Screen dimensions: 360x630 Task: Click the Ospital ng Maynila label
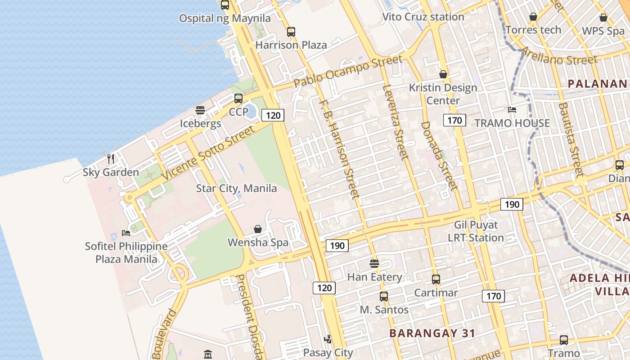225,18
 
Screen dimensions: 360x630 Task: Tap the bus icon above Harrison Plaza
291,32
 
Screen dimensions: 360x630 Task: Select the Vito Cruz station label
423,17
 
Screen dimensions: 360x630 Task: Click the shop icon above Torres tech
533,17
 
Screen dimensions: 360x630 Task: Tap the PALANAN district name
597,84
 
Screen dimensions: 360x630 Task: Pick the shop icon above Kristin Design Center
443,74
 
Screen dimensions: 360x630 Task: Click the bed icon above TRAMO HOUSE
512,109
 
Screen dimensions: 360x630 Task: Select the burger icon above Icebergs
200,110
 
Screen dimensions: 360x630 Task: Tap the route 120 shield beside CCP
273,115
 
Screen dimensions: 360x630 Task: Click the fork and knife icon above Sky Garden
111,158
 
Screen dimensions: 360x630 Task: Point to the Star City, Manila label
236,188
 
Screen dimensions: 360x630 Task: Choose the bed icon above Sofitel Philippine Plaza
126,233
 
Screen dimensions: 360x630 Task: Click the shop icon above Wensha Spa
258,229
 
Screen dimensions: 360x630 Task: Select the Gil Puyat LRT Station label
476,231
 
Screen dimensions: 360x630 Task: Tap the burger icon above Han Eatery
374,263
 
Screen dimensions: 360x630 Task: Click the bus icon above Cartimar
436,279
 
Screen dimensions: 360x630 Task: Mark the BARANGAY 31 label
432,333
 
